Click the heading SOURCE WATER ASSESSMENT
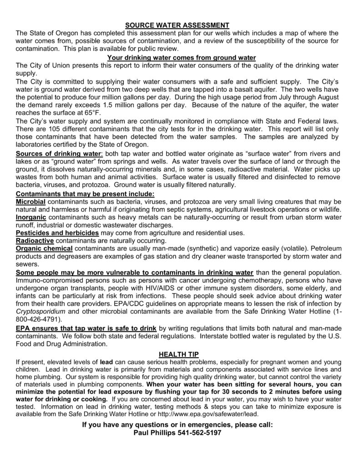point(180,25)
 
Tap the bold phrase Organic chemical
point(44,248)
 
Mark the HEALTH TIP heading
point(180,354)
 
